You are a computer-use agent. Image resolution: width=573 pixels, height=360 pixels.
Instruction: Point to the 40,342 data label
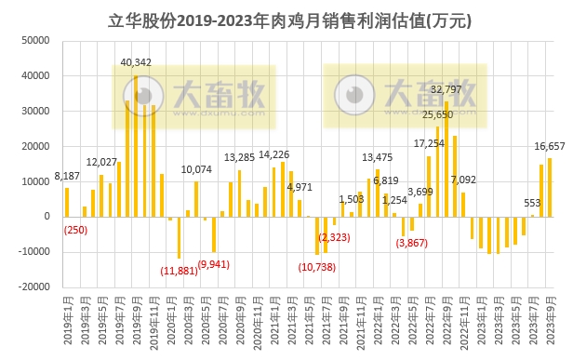138,63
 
